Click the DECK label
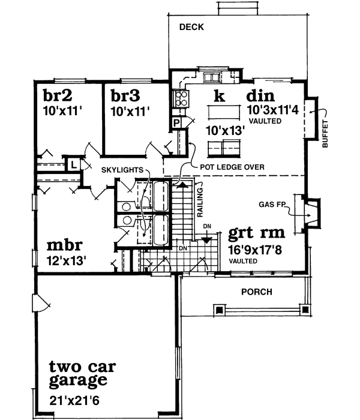coord(191,27)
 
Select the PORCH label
coord(256,292)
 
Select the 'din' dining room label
coord(260,96)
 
